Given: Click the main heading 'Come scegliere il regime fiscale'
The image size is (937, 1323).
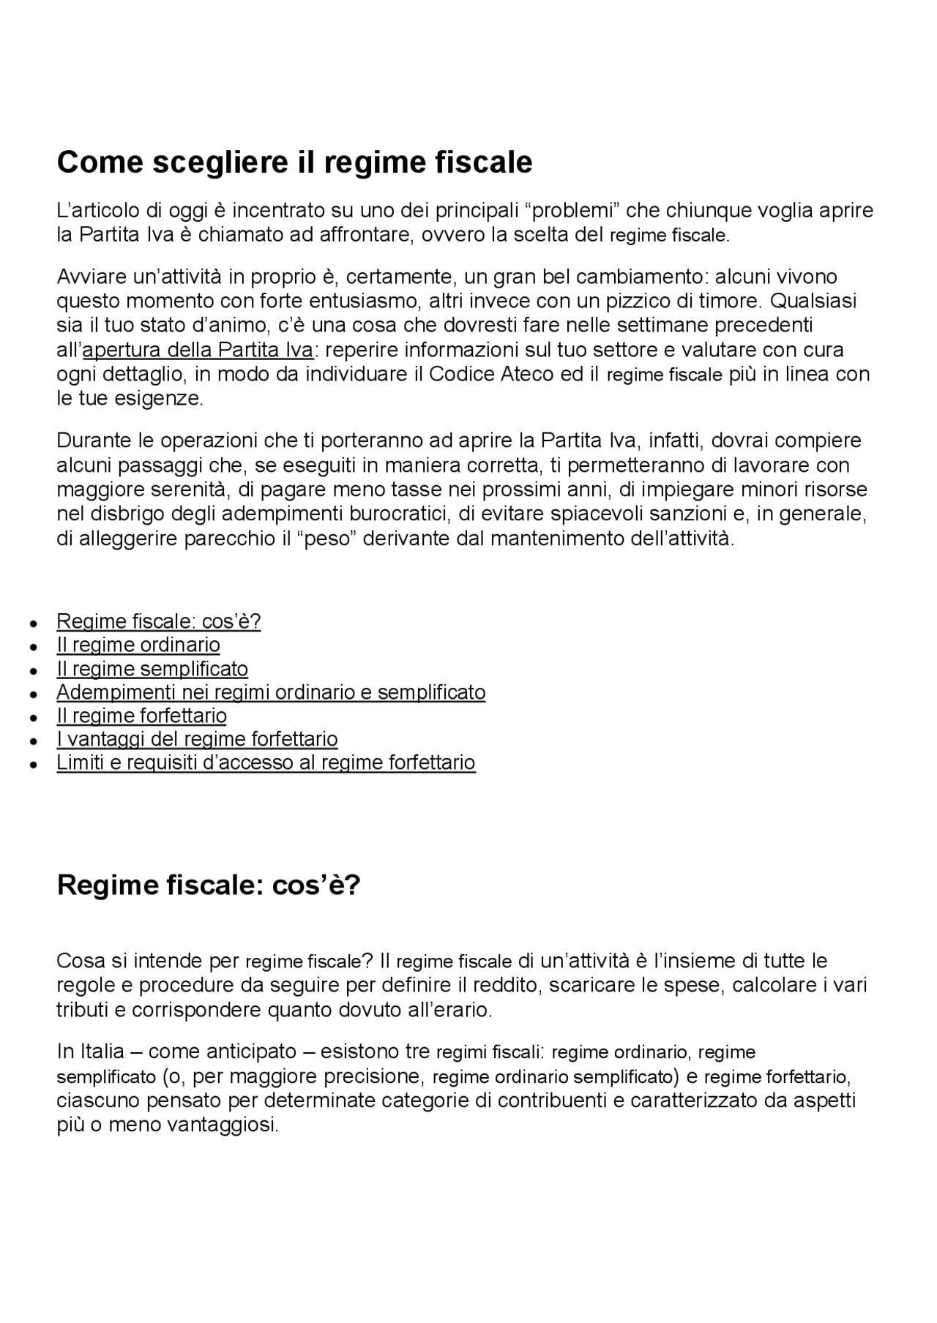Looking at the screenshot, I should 294,162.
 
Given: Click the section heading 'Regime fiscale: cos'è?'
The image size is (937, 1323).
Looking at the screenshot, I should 209,885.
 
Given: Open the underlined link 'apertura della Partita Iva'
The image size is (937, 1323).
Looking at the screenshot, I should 198,350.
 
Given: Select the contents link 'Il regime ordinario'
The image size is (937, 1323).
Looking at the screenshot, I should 138,645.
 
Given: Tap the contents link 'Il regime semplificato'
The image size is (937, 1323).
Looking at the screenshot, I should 152,669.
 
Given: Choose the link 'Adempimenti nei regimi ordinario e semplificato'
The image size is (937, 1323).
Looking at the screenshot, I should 271,692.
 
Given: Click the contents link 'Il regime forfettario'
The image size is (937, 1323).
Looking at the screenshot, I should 142,716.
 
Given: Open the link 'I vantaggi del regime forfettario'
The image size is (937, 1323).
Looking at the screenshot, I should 197,739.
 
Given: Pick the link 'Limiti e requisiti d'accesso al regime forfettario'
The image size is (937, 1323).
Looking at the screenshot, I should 266,762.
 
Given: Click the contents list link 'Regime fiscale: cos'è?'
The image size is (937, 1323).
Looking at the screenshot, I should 159,621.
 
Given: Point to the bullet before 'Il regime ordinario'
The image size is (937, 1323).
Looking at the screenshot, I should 33,647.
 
